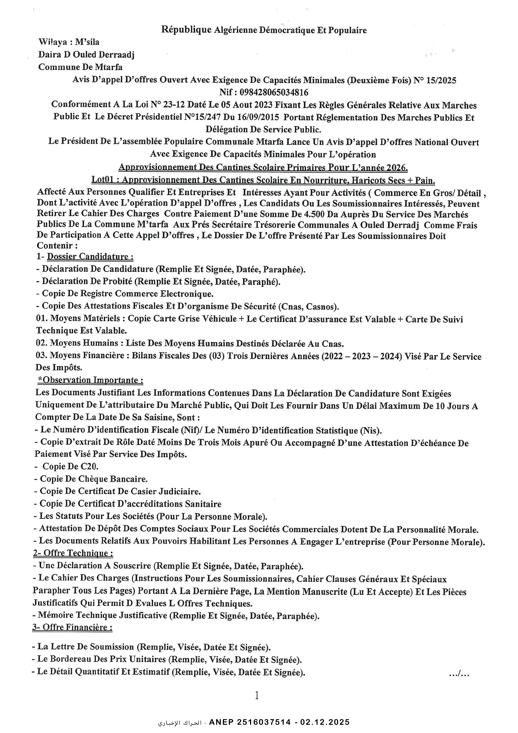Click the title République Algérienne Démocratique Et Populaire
click(x=264, y=30)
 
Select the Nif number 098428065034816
click(x=274, y=93)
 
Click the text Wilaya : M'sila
click(x=69, y=42)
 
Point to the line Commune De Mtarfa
click(x=80, y=67)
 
